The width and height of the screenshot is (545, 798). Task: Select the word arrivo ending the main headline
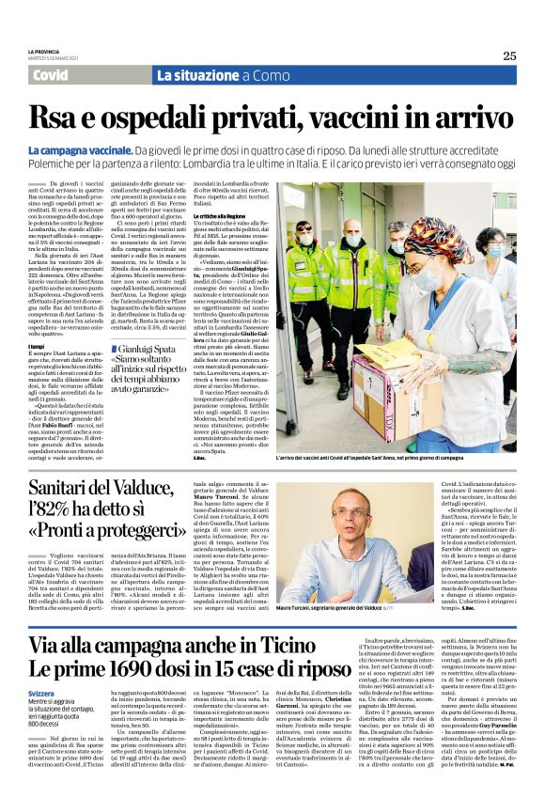(x=459, y=117)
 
